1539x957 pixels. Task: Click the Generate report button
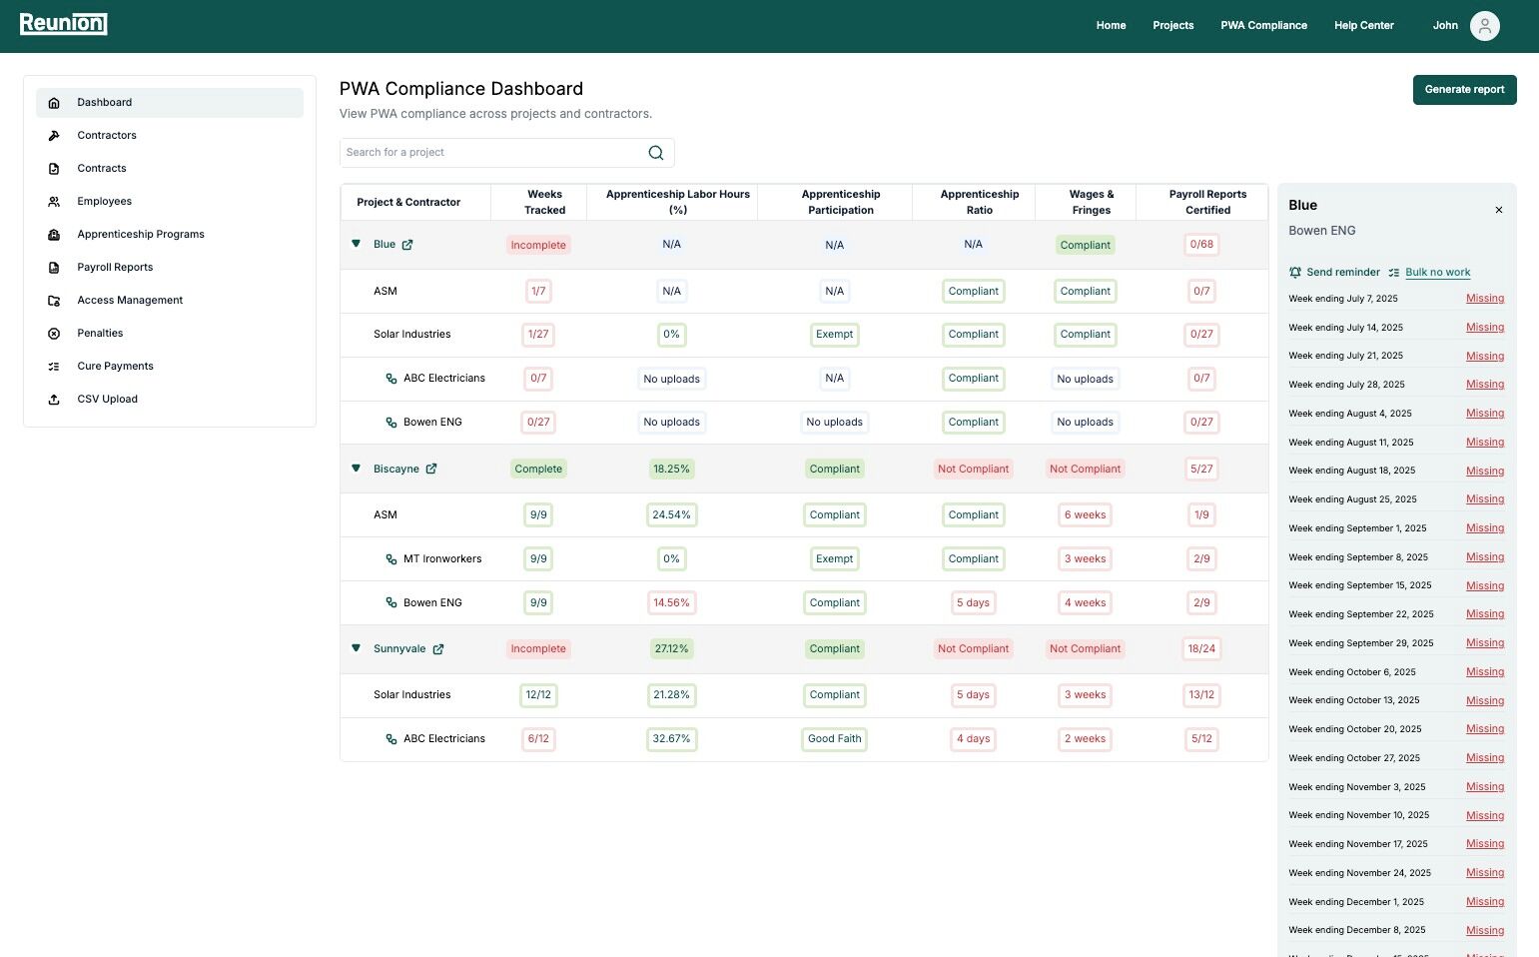click(x=1464, y=90)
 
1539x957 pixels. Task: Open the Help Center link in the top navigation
click(x=1363, y=26)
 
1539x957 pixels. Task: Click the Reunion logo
click(x=63, y=24)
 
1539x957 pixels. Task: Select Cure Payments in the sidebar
click(x=115, y=367)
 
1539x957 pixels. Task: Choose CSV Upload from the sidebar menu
click(x=107, y=400)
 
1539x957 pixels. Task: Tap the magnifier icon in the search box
click(x=655, y=153)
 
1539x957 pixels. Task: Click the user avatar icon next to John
click(x=1484, y=26)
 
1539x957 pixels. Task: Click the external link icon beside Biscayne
click(x=431, y=469)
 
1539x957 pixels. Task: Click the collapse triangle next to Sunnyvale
click(x=356, y=648)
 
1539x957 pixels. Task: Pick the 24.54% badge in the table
click(x=671, y=515)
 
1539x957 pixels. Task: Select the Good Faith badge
click(x=834, y=739)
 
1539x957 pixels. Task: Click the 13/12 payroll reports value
click(x=1200, y=695)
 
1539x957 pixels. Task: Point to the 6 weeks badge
click(x=1085, y=515)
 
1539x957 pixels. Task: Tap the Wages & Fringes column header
click(x=1091, y=202)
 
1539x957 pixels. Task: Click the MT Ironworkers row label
click(x=441, y=559)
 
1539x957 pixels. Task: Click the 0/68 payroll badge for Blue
click(x=1200, y=245)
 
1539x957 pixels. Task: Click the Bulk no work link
click(x=1437, y=273)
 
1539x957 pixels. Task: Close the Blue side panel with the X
click(x=1498, y=210)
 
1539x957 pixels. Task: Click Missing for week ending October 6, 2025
click(x=1484, y=672)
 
